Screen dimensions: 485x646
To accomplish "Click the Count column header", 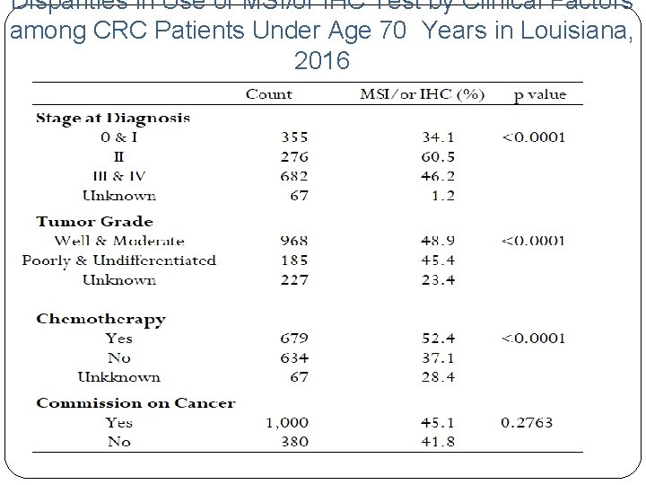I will (x=269, y=93).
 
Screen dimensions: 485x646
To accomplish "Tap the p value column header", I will (x=539, y=93).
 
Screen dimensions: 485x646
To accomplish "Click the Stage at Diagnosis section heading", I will (x=113, y=118).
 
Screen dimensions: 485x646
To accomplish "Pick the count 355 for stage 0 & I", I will (x=293, y=137).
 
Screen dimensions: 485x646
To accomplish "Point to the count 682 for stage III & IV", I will (x=293, y=176).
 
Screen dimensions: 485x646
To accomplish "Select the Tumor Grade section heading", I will (x=95, y=221).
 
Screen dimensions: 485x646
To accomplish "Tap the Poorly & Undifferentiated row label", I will (x=119, y=260).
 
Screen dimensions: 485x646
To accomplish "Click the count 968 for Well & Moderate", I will (x=293, y=241).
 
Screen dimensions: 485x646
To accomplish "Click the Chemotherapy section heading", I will (x=100, y=319).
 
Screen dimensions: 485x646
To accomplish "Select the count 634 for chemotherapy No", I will (x=293, y=358).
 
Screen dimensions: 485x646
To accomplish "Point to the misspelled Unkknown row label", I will (x=119, y=377).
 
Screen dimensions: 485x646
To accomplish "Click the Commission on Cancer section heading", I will (x=135, y=403).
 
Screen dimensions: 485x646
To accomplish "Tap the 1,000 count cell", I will (x=286, y=422).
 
